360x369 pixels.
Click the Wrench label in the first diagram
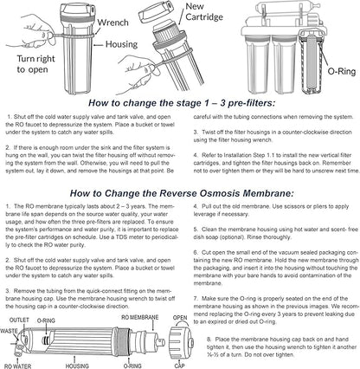(x=112, y=23)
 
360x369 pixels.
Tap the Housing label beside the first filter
(x=121, y=44)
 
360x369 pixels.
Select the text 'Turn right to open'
(x=35, y=64)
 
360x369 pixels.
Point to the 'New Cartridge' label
(x=204, y=11)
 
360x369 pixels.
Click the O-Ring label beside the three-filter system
(x=342, y=71)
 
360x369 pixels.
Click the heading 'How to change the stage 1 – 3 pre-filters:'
(x=182, y=103)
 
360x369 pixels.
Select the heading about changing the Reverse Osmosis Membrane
(x=182, y=193)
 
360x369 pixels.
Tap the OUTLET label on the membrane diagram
(x=19, y=320)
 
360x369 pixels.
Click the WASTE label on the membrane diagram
(x=9, y=331)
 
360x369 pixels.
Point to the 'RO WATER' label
(x=17, y=366)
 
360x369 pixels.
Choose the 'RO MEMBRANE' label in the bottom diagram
(x=140, y=318)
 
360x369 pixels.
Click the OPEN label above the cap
(x=180, y=318)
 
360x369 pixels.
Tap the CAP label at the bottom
(x=179, y=366)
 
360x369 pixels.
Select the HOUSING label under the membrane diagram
(x=77, y=366)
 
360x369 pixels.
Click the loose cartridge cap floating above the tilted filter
(x=156, y=13)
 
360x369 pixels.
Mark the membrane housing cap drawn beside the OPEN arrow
(x=181, y=342)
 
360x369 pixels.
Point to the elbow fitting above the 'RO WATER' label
(x=19, y=349)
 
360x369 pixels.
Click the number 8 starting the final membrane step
(x=209, y=340)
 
